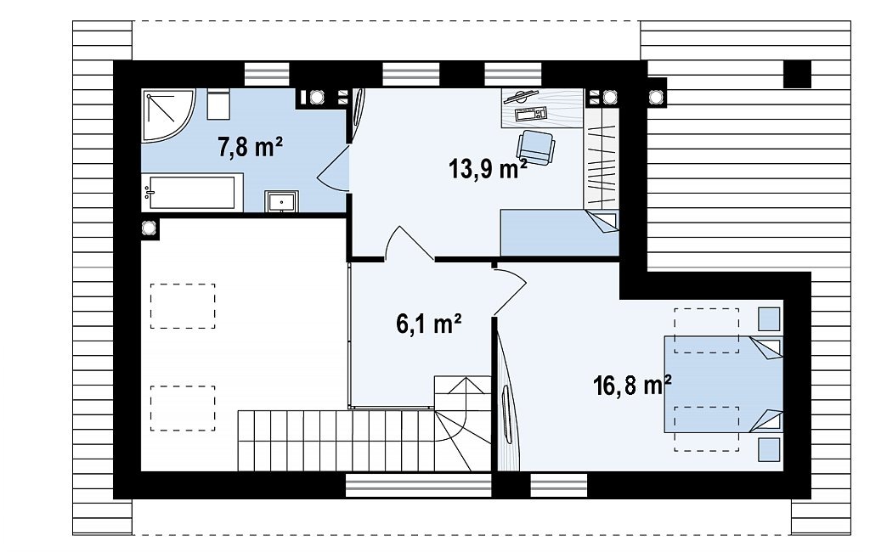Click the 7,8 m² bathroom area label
pos(251,148)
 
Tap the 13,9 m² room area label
pos(488,168)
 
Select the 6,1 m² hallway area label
pos(429,324)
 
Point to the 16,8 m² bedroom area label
pos(632,385)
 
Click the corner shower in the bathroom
pos(167,115)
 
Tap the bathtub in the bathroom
pos(192,193)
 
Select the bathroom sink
pos(281,201)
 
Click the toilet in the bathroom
pos(218,104)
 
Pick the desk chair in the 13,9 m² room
pos(536,147)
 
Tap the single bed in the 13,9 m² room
pos(559,233)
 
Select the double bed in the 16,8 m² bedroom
pos(724,384)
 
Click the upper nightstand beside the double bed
pos(769,319)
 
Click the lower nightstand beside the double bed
pos(769,449)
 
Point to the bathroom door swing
pos(332,169)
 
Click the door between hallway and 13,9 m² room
pos(410,243)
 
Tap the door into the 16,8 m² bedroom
pos(510,291)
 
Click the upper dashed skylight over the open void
pos(183,306)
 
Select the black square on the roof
pos(797,74)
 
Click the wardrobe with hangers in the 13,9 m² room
pos(601,159)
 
